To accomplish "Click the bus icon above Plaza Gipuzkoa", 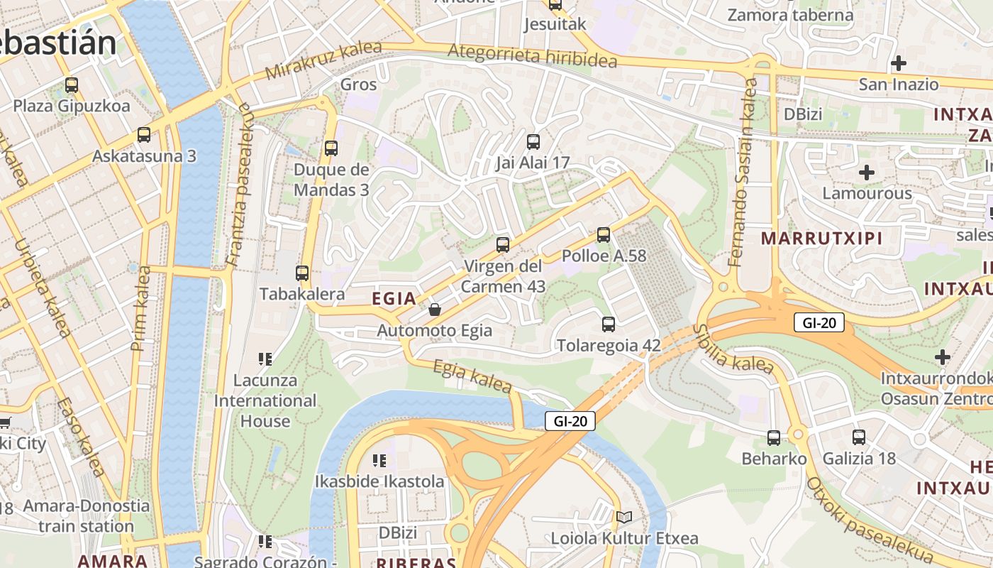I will pyautogui.click(x=72, y=85).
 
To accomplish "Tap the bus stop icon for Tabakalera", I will pyautogui.click(x=302, y=273).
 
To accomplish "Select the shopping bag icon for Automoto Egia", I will pyautogui.click(x=435, y=310).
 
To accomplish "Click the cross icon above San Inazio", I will pyautogui.click(x=899, y=63).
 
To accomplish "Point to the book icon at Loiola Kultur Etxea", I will pyautogui.click(x=624, y=517).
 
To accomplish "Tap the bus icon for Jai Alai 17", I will pyautogui.click(x=533, y=141).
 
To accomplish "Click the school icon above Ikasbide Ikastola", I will pyautogui.click(x=379, y=460).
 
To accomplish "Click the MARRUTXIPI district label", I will pyautogui.click(x=822, y=239).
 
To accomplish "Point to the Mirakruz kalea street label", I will pyautogui.click(x=323, y=60).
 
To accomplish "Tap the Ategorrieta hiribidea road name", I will pyautogui.click(x=532, y=56).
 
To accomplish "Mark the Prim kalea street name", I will pyautogui.click(x=141, y=308).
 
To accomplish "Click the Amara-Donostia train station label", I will pyautogui.click(x=87, y=516).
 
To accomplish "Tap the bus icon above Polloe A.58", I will pyautogui.click(x=604, y=234).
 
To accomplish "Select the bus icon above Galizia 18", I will pyautogui.click(x=859, y=437).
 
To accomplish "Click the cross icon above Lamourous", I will pyautogui.click(x=866, y=173).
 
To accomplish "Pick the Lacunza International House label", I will pyautogui.click(x=265, y=400).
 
